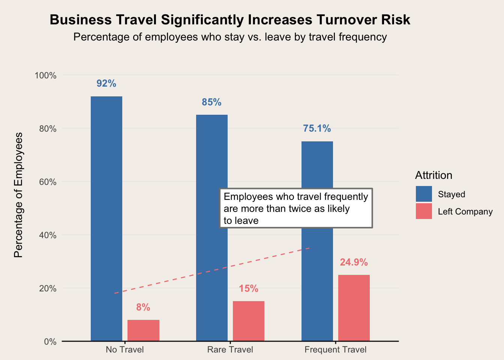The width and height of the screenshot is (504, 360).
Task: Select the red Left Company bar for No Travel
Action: click(x=143, y=330)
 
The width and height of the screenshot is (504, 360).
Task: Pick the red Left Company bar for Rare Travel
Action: click(x=249, y=321)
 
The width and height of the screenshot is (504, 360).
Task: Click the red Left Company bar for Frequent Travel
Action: click(x=354, y=308)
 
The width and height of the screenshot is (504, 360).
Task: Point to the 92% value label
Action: click(x=106, y=84)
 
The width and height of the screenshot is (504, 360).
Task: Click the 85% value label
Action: click(x=212, y=102)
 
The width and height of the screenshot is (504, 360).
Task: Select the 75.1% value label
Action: click(x=317, y=129)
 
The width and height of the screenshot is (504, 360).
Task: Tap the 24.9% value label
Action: click(x=354, y=262)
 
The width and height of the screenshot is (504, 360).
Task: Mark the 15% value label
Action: click(x=249, y=289)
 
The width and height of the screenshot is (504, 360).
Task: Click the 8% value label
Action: click(x=143, y=307)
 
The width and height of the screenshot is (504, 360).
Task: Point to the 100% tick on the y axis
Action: click(x=45, y=75)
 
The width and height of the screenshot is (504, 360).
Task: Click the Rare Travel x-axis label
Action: click(x=230, y=350)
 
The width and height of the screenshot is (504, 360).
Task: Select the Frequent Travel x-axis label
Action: click(x=336, y=350)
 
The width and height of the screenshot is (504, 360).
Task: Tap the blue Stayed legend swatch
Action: click(x=424, y=194)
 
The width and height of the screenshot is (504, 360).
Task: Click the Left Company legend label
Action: click(x=465, y=211)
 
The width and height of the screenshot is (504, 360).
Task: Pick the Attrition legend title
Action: click(x=433, y=175)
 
